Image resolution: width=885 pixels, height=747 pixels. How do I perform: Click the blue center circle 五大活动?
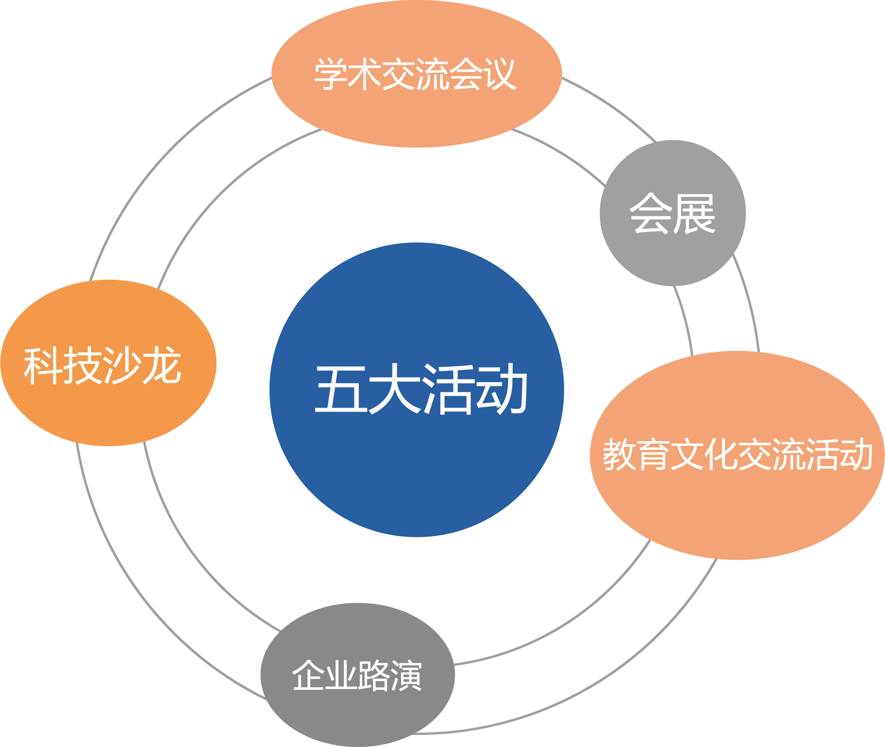[417, 445]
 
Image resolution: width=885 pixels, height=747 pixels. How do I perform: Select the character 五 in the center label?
[341, 389]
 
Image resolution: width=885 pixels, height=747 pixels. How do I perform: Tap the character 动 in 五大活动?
[501, 389]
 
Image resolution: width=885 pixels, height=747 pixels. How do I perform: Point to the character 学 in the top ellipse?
[331, 74]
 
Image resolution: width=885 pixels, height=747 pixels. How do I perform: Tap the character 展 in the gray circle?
[694, 214]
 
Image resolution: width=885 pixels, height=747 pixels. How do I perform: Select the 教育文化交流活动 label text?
[737, 454]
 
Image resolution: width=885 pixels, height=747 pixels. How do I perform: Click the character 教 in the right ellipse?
[619, 454]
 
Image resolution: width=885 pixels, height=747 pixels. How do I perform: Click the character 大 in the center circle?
[394, 389]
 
